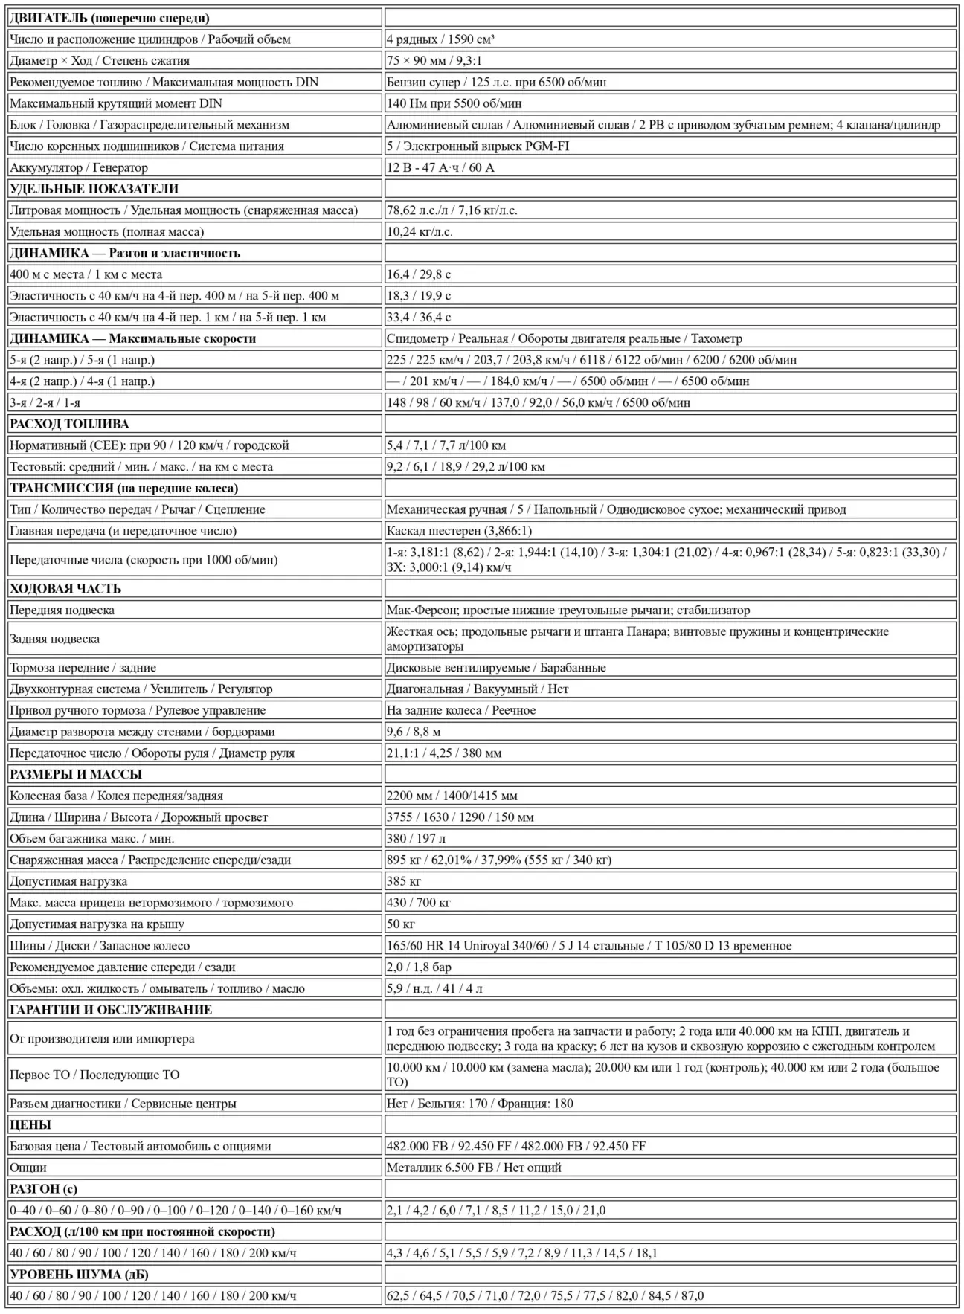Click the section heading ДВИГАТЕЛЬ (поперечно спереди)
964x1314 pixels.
tap(109, 18)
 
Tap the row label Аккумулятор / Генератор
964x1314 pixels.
tap(79, 168)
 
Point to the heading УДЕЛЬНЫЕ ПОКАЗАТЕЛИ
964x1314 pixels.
tap(94, 189)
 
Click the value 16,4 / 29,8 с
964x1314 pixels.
tap(419, 274)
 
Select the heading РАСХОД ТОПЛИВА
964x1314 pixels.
tap(69, 424)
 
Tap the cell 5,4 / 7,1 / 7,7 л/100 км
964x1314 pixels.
tap(446, 445)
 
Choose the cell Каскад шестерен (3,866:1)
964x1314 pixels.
tap(459, 531)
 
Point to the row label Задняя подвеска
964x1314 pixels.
tap(54, 639)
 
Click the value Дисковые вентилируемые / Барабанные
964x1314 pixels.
tap(496, 668)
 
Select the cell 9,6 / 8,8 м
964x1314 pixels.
tap(414, 732)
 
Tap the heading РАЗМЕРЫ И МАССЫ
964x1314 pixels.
tap(76, 774)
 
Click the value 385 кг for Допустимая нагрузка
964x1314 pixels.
tap(404, 881)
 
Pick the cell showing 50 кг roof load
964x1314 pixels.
tap(401, 924)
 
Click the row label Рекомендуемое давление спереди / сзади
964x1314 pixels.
tap(123, 967)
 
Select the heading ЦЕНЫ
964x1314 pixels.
tap(30, 1124)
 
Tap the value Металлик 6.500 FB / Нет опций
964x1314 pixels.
tap(474, 1168)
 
